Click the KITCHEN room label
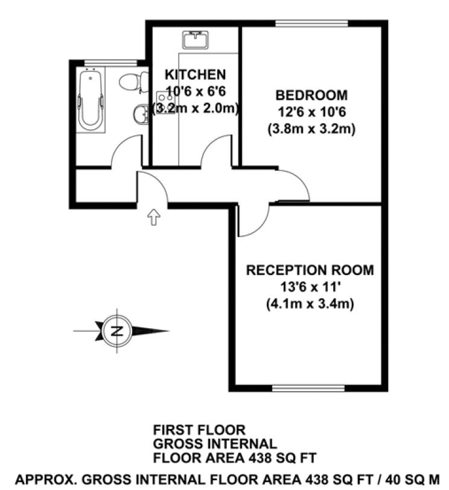tap(196, 75)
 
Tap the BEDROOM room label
tap(311, 95)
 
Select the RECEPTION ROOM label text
tap(310, 270)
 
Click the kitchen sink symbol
tap(196, 40)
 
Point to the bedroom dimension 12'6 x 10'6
tap(311, 112)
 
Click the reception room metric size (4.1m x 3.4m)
tap(310, 304)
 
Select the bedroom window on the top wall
tap(311, 24)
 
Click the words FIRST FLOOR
tap(199, 430)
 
